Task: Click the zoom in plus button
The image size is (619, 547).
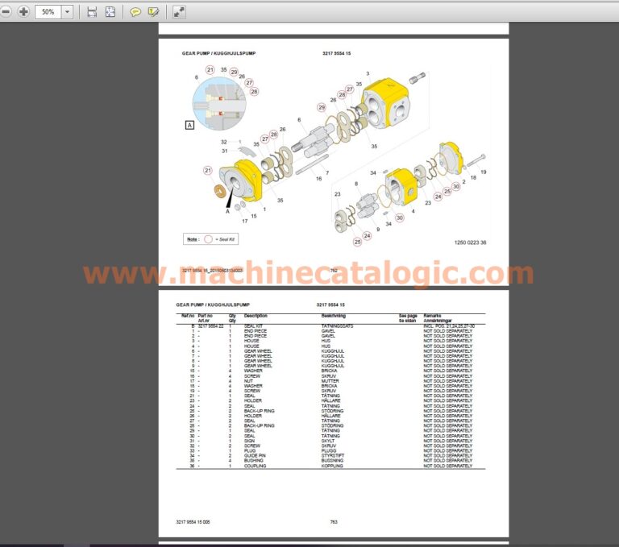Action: (x=23, y=12)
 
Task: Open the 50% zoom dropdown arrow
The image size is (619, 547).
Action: (x=66, y=12)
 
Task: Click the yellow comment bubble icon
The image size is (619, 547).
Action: (x=135, y=12)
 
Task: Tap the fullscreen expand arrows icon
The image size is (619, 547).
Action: (x=179, y=12)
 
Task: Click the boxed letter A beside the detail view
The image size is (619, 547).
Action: (x=189, y=125)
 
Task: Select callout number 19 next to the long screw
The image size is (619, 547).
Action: (x=484, y=172)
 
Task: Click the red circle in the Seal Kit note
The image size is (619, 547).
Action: (x=209, y=238)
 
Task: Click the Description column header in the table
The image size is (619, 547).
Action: (x=255, y=316)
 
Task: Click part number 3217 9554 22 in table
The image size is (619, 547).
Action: (x=210, y=325)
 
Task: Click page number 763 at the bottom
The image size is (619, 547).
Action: (x=333, y=522)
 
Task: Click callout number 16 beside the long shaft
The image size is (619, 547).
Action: (x=318, y=178)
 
